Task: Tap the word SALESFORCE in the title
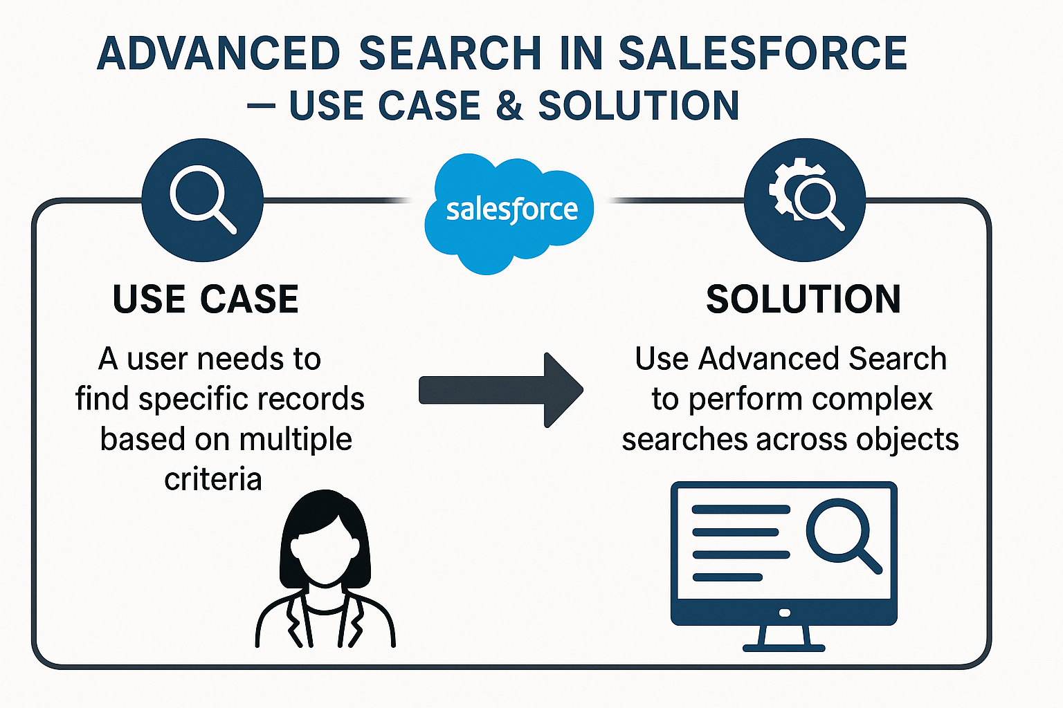763,53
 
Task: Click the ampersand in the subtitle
509,106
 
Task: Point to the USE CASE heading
206,299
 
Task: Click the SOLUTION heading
803,299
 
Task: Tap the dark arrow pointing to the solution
501,390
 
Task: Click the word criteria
213,479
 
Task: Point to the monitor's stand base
783,648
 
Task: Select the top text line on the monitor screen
741,510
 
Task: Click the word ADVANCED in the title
219,53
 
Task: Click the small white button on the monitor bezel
784,613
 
